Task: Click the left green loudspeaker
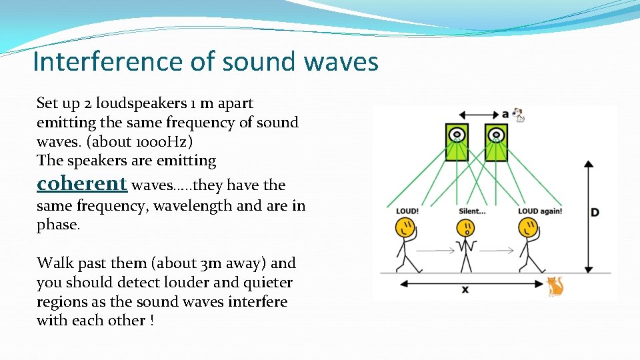tap(457, 142)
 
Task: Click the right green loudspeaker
tap(496, 142)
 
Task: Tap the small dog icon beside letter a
tap(519, 115)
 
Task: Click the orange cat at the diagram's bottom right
tap(555, 286)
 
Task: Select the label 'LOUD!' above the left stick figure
tap(407, 211)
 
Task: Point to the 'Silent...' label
tap(472, 211)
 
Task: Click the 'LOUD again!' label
tap(539, 211)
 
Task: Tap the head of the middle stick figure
tap(466, 229)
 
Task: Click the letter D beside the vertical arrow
tap(595, 213)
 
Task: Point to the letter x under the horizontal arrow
tap(465, 290)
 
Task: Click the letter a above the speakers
tap(505, 114)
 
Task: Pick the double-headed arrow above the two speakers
tap(476, 115)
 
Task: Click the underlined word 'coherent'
tap(81, 183)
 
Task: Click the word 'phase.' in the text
tap(58, 225)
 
